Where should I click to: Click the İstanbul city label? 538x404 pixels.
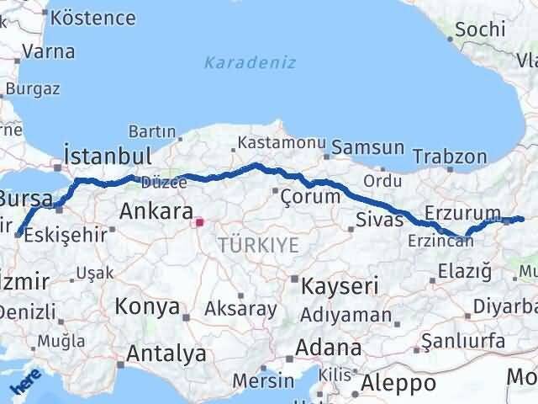[x=108, y=157]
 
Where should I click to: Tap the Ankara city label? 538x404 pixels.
[x=156, y=211]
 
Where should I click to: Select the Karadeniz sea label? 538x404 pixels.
[x=238, y=61]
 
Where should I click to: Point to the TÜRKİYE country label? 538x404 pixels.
[x=258, y=245]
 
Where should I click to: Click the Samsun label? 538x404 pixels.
[x=367, y=147]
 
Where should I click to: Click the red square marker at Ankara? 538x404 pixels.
[x=199, y=223]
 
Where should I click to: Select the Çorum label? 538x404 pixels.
[x=312, y=196]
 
